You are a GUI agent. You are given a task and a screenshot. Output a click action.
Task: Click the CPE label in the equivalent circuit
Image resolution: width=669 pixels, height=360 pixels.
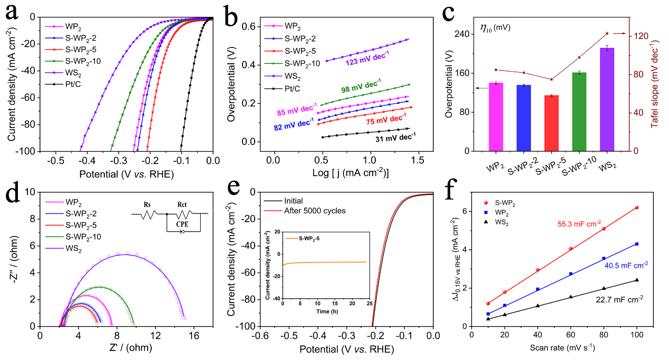(x=181, y=223)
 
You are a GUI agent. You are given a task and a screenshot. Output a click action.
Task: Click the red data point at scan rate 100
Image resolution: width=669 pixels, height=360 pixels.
(x=637, y=208)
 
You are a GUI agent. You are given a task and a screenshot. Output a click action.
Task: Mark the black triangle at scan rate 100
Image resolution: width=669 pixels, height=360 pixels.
(x=637, y=280)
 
